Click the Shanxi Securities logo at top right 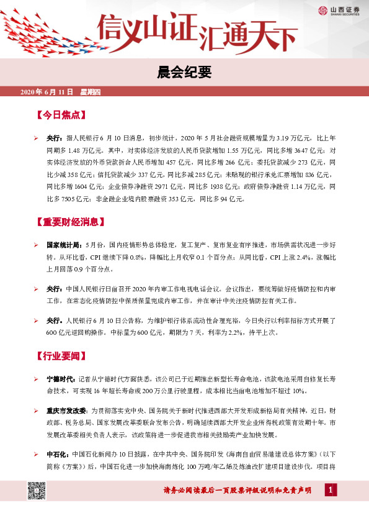[340, 10]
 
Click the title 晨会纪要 [184, 73]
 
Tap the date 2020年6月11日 [43, 92]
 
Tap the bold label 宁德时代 [60, 379]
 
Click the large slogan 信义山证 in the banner [147, 31]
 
